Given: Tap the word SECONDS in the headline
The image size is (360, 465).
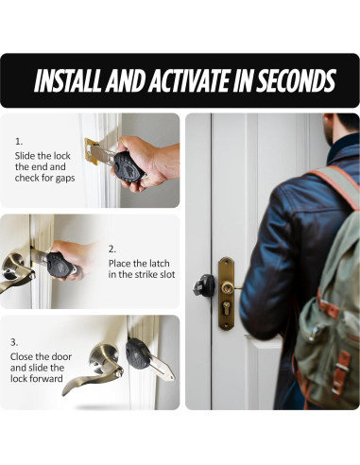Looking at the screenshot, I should (289, 81).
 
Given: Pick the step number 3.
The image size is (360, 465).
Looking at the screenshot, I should (14, 341).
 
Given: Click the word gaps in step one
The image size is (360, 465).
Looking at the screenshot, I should (62, 178).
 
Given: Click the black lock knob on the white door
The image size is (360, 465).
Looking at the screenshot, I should (203, 284).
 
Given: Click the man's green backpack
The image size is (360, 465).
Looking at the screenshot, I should (332, 312).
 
